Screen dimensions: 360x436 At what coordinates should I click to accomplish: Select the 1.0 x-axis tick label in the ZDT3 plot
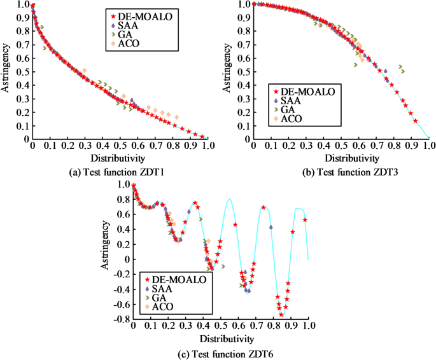point(429,146)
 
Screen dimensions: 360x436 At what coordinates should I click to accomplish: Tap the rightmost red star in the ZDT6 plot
point(305,220)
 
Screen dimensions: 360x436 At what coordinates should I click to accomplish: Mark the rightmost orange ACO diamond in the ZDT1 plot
point(176,117)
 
